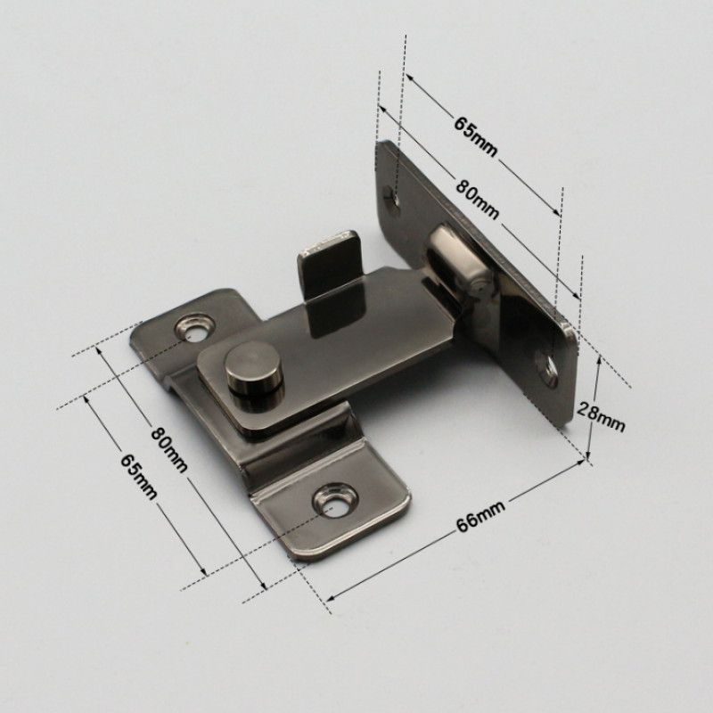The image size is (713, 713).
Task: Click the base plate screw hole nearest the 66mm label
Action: (x=334, y=500)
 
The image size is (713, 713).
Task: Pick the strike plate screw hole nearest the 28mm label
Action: (x=547, y=368)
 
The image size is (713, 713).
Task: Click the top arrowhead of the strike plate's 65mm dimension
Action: (x=409, y=77)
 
